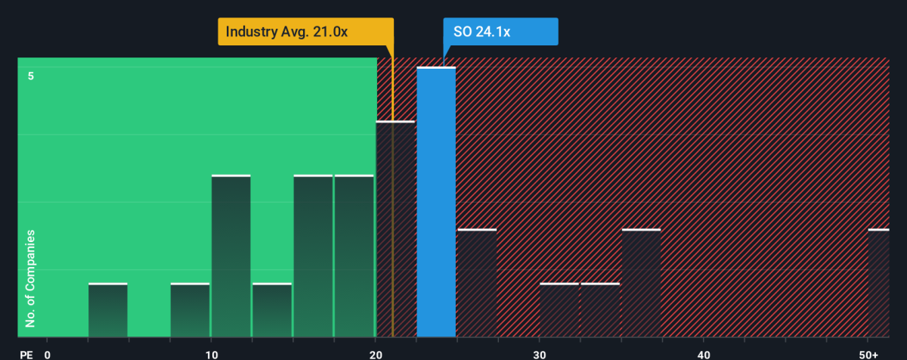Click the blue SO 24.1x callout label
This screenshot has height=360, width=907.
500,32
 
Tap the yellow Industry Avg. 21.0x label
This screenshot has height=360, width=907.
305,32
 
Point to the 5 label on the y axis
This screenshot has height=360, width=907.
30,76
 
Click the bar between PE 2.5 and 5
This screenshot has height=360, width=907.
108,310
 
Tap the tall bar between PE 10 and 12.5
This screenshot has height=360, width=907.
231,256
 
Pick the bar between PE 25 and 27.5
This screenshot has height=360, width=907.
477,283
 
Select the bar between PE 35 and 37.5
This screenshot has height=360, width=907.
641,283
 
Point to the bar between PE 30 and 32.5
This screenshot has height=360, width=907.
559,310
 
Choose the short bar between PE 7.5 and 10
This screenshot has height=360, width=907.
190,310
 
